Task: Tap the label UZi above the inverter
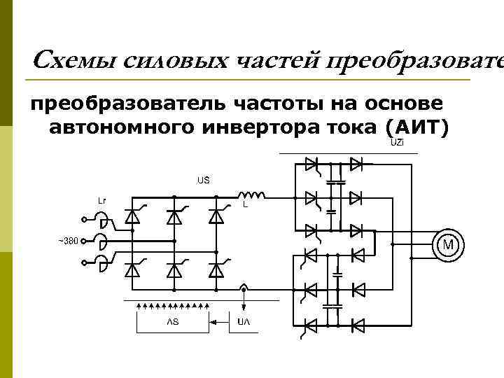pos(396,143)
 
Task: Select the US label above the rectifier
pos(203,180)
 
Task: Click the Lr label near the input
pos(102,200)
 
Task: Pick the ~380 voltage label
pos(68,241)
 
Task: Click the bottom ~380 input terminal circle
pos(83,263)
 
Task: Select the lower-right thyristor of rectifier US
pos(216,269)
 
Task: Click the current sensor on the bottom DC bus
pos(243,288)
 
